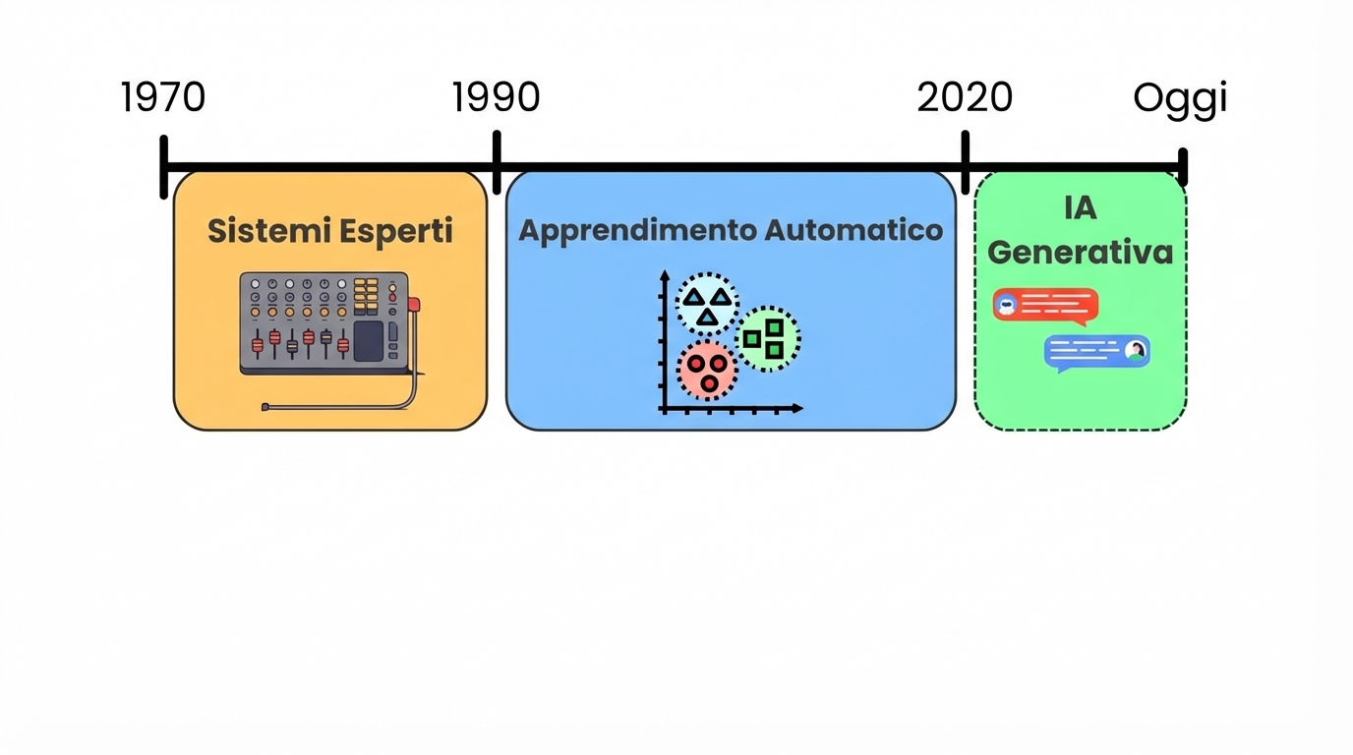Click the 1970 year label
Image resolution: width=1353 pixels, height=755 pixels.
[x=163, y=97]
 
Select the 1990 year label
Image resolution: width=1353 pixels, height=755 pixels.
[x=497, y=97]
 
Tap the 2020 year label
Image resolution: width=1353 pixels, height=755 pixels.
[x=965, y=97]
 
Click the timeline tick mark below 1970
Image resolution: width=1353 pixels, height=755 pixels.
[x=164, y=168]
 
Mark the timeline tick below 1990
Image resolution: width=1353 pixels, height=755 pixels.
[x=497, y=164]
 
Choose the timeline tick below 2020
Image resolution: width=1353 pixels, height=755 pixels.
[x=966, y=164]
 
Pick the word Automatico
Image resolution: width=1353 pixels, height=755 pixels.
[x=853, y=230]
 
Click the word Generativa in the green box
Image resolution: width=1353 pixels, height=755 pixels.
[x=1080, y=252]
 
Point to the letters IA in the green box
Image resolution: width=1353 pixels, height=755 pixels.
[x=1080, y=207]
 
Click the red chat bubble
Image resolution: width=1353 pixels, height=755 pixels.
[x=1045, y=306]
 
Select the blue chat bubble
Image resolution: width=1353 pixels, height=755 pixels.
[x=1096, y=352]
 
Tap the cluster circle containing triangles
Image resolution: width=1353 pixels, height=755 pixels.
[x=707, y=305]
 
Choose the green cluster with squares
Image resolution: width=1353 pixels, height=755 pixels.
[x=767, y=338]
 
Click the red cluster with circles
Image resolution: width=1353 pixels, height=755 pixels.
[x=706, y=371]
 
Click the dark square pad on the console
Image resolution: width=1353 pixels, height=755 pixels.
[x=368, y=340]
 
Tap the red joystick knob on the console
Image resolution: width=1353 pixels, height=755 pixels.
[x=414, y=304]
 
